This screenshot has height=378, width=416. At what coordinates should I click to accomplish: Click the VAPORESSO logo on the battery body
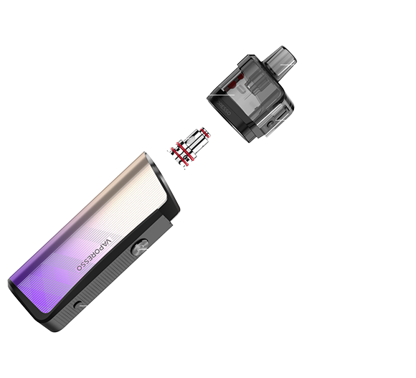pos(94,255)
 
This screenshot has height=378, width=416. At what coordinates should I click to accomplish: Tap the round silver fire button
pos(140,247)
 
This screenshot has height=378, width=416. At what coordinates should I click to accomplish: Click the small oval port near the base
pos(77,305)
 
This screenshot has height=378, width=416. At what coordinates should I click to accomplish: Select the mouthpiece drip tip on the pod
pos(281,61)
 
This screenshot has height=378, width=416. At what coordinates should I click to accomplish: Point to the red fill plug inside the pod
pos(232,85)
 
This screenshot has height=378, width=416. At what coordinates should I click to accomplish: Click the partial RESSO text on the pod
pos(223,108)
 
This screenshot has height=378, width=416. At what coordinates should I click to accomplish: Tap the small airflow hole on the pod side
pos(270,124)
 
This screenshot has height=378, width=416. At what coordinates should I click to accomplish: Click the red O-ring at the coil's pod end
pos(205,133)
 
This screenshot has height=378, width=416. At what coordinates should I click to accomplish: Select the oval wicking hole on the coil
pos(191,140)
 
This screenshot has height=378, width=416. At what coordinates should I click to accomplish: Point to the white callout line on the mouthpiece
pos(288,65)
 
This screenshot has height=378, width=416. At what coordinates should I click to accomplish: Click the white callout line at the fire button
pos(143,249)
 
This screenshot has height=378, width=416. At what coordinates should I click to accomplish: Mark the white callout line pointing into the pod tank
pos(222,95)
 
